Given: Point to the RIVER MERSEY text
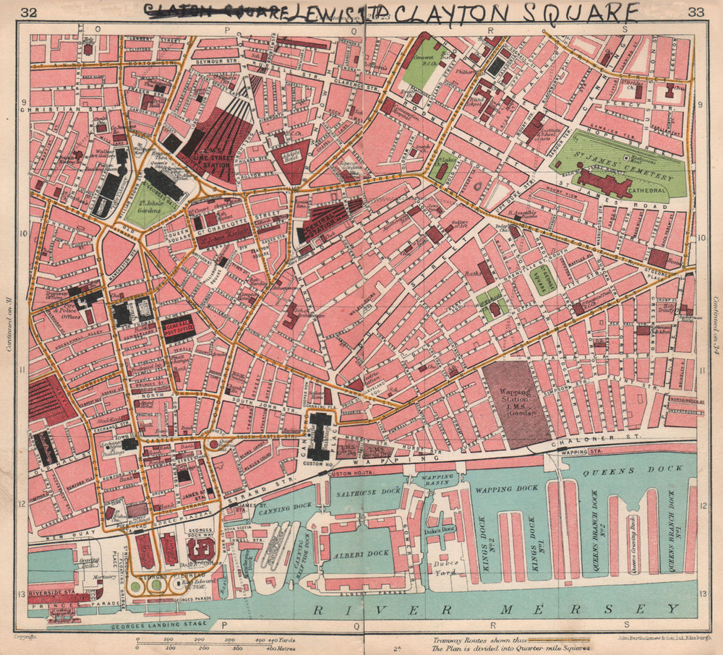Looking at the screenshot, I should (x=495, y=609).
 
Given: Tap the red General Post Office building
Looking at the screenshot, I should (x=178, y=328).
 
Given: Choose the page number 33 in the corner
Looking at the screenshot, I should (x=696, y=12).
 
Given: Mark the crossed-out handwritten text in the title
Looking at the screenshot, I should (x=213, y=10).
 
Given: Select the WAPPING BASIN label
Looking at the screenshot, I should (x=437, y=481).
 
